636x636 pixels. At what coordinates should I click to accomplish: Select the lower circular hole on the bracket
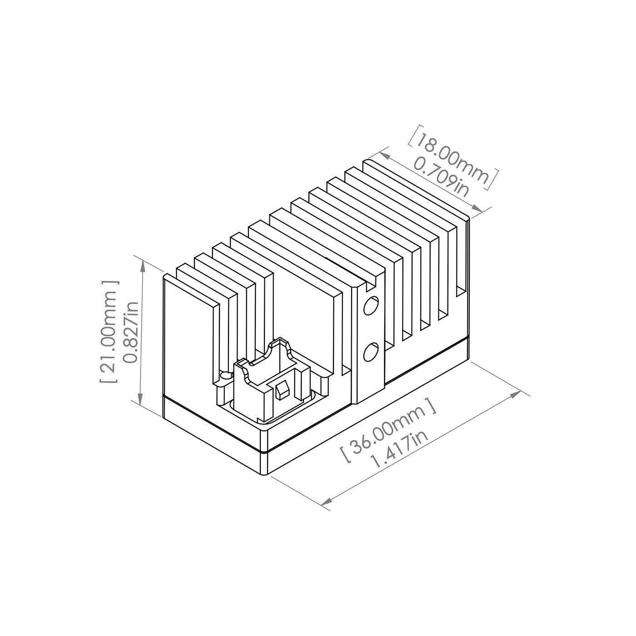pos(371,352)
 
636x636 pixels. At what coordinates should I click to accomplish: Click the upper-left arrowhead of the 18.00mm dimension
pos(386,156)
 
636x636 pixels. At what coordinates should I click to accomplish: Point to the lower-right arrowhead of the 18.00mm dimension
pos(476,208)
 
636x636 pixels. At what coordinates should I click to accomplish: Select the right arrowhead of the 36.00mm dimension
pos(515,395)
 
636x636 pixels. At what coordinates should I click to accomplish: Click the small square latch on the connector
pos(282,390)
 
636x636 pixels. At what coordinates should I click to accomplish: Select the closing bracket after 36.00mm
pos(429,404)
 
